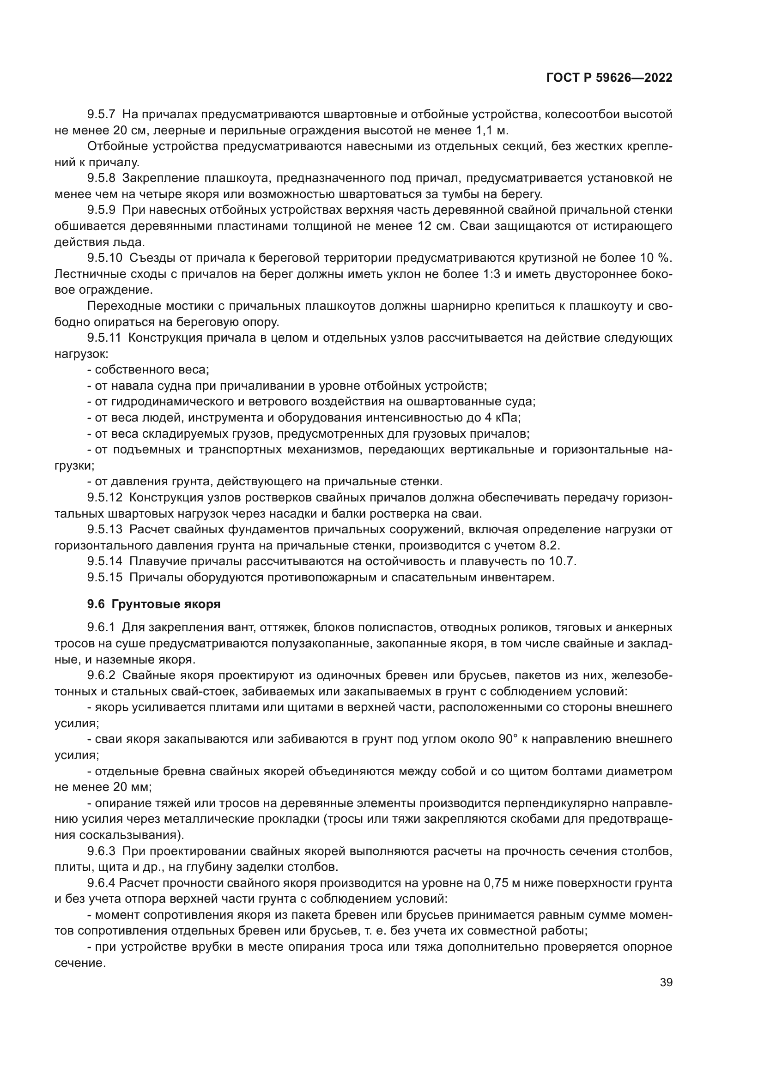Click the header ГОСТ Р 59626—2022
609,78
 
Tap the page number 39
666,982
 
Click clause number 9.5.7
101,115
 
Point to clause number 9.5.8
101,178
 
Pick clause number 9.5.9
101,210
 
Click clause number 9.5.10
104,258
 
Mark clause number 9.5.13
104,530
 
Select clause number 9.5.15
104,577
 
